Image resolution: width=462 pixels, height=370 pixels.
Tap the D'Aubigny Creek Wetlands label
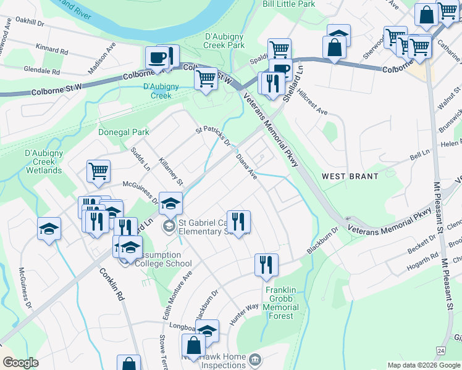pos(43,162)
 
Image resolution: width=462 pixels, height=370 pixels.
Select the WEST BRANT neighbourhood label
pos(350,176)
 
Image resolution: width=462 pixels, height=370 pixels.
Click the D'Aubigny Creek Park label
pos(224,41)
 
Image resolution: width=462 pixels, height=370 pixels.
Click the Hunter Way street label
pos(243,314)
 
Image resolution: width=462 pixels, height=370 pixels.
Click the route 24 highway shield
pos(440,351)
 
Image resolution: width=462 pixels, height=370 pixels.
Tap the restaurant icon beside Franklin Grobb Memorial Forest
pos(266,265)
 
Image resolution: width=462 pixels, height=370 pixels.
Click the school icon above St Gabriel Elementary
pos(170,202)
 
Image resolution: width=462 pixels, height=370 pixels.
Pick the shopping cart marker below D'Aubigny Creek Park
pos(205,78)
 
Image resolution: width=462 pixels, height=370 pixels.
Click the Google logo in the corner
pos(20,363)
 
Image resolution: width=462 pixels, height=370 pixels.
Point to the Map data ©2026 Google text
pos(423,365)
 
